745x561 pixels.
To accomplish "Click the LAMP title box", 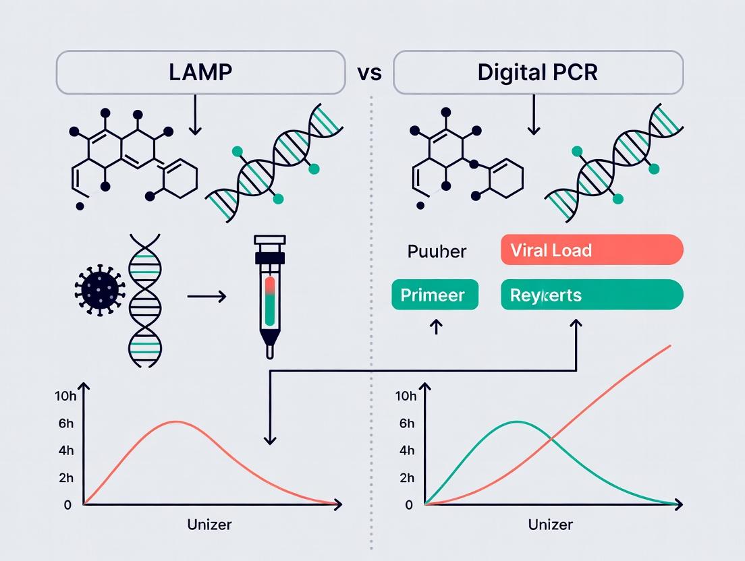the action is (200, 72).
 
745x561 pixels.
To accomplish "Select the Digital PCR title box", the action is (538, 72).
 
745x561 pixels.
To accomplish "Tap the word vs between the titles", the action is (369, 72).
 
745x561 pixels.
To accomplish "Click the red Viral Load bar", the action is (592, 250).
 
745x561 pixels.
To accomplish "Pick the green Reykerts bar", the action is (592, 295).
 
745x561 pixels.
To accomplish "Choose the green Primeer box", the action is (435, 295).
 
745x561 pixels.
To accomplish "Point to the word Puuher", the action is (437, 252).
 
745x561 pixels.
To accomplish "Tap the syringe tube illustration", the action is (269, 293).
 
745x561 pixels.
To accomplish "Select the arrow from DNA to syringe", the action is (206, 295).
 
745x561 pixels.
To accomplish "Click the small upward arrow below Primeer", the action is (435, 327).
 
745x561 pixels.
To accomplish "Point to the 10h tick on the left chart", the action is (65, 396).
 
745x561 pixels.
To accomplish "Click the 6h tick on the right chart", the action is (407, 423).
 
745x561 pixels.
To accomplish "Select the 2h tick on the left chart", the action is (66, 478).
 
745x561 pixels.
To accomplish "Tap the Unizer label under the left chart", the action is (209, 525).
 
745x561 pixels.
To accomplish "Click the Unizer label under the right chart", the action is (551, 525).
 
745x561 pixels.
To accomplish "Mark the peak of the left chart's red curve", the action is (175, 421).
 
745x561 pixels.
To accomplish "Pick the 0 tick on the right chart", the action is (409, 504).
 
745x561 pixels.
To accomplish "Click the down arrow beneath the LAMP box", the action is (195, 115).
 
